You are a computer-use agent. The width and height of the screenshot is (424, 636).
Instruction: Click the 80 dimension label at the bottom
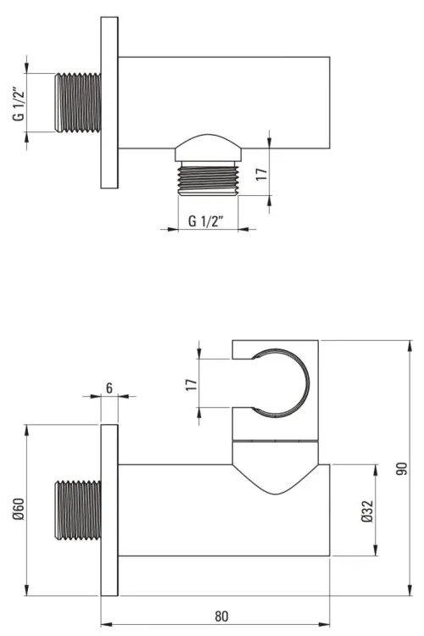[x=221, y=616]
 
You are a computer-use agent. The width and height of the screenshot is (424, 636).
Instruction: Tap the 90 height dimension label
[x=402, y=468]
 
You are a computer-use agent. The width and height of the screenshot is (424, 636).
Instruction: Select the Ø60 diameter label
[x=19, y=509]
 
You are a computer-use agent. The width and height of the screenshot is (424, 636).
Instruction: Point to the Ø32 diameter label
[x=367, y=511]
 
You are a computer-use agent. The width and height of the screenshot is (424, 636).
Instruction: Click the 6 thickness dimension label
[x=109, y=388]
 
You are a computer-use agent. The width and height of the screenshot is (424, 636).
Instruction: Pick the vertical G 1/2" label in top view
[x=19, y=103]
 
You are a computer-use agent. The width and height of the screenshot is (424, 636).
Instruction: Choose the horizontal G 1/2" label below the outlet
[x=206, y=221]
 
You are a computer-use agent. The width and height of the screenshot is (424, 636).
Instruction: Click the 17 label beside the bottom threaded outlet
[x=262, y=175]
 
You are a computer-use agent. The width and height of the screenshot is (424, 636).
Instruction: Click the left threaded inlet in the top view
[x=78, y=103]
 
